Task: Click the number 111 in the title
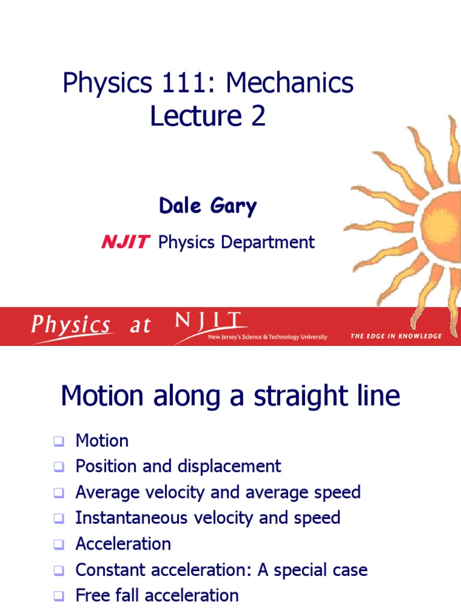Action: [x=181, y=83]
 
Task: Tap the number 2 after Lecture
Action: [x=258, y=116]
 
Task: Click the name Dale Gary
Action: [x=208, y=206]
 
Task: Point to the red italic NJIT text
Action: [x=125, y=242]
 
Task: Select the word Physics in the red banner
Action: [x=71, y=326]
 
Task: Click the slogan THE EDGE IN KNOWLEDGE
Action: [x=396, y=336]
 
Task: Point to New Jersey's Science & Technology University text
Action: [x=267, y=338]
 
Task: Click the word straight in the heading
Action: [x=288, y=396]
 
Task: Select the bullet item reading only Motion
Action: [x=101, y=441]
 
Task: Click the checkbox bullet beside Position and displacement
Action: [x=58, y=467]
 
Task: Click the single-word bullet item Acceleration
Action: [x=123, y=544]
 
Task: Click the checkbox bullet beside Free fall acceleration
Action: [x=58, y=596]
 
